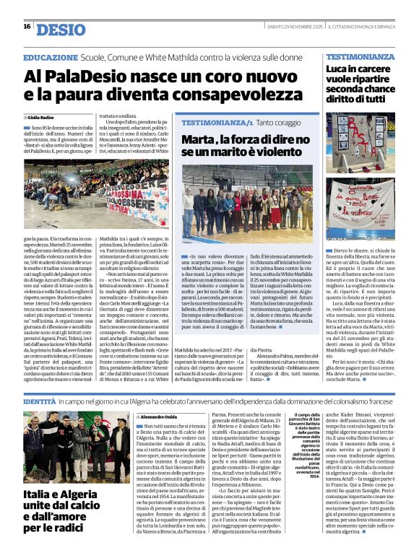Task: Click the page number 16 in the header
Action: [27, 27]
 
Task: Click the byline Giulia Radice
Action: [45, 116]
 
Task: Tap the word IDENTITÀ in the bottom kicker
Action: [39, 400]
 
